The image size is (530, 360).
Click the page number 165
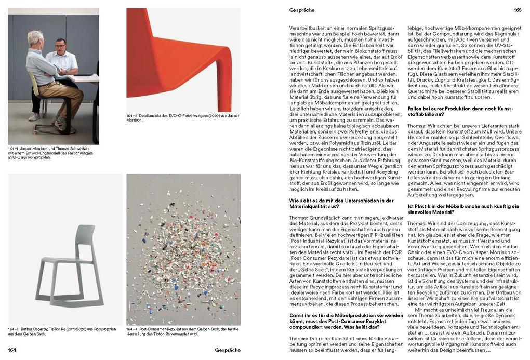(518, 10)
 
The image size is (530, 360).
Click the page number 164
(12, 350)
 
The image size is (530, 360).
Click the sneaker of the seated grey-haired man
(34, 117)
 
